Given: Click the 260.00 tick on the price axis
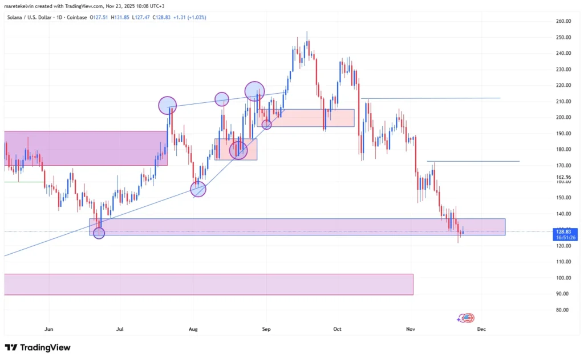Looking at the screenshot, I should pos(563,21).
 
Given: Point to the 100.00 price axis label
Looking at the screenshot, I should pos(563,278).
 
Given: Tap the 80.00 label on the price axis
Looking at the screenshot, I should pos(563,310).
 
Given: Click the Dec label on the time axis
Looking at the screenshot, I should pos(481,329).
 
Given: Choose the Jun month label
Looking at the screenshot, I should pos(48,329).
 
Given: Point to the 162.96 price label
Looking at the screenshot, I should pos(563,177).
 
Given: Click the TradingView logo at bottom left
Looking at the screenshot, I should pos(38,347).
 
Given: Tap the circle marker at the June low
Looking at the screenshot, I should pos(99,233).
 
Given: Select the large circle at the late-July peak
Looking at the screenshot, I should pos(167,105).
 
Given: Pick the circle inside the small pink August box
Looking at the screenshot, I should pos(238,150).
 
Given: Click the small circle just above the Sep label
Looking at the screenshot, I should pos(266,124).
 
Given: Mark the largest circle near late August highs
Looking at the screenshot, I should pos(254,91).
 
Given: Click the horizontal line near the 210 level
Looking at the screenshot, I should pos(431,98).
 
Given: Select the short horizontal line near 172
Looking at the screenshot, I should pos(473,161).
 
